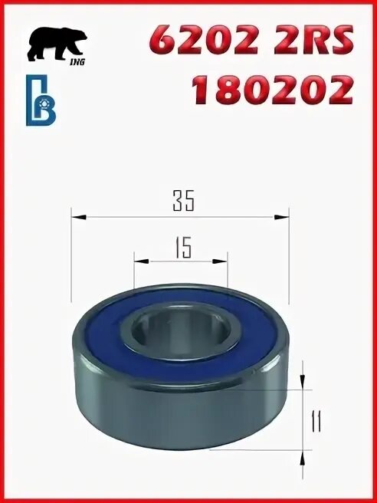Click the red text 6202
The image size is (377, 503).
(x=206, y=41)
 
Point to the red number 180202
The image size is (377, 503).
(x=272, y=90)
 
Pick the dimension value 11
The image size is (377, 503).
(x=315, y=421)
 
